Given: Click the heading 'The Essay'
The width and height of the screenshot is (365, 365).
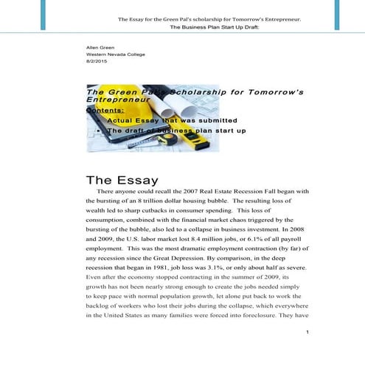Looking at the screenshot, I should coord(122,180).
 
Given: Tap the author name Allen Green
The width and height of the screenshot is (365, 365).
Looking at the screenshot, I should coord(102,47).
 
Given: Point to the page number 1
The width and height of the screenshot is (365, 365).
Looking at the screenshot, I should coord(306,333).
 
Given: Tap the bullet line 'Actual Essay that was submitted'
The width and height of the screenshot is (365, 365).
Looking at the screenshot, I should coord(172,119).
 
